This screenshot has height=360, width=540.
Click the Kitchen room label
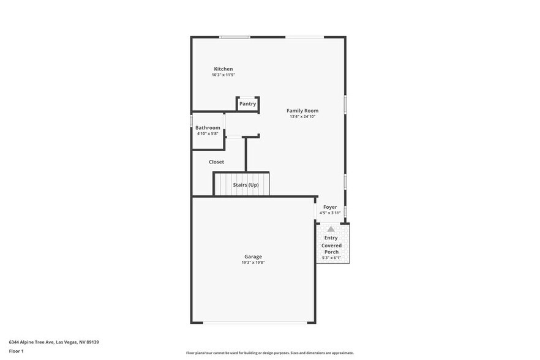pyautogui.click(x=223, y=69)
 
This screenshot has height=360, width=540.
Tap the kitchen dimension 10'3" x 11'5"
pyautogui.click(x=223, y=75)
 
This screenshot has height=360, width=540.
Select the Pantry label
pyautogui.click(x=247, y=104)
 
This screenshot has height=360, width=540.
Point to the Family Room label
pyautogui.click(x=302, y=111)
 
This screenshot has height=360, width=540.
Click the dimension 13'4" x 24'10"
pyautogui.click(x=302, y=116)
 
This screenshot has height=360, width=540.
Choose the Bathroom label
pyautogui.click(x=208, y=128)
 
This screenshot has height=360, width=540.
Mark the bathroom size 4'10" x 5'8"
pyautogui.click(x=208, y=133)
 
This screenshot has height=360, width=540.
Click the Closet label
pyautogui.click(x=216, y=162)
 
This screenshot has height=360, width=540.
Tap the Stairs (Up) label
pyautogui.click(x=246, y=185)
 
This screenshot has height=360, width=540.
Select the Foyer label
pyautogui.click(x=330, y=208)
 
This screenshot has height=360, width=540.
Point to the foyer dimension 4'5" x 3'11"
pyautogui.click(x=330, y=213)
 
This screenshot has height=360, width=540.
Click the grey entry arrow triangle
pyautogui.click(x=331, y=229)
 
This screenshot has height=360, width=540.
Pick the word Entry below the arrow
pyautogui.click(x=331, y=238)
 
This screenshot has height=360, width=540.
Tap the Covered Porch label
pyautogui.click(x=331, y=249)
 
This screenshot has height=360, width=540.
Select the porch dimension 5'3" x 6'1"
pyautogui.click(x=331, y=258)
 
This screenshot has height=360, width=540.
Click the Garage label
pyautogui.click(x=253, y=257)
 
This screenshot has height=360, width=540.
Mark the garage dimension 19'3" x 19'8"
pyautogui.click(x=253, y=262)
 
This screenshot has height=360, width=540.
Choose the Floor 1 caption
pyautogui.click(x=16, y=351)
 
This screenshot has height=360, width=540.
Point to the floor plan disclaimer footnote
pyautogui.click(x=269, y=353)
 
